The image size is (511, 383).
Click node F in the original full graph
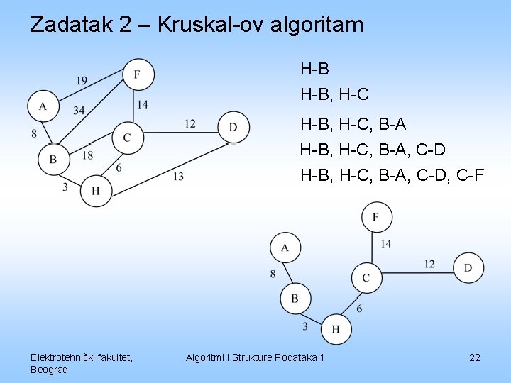(x=138, y=74)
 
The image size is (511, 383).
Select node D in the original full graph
(x=233, y=127)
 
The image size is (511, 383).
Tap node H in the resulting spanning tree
(x=336, y=328)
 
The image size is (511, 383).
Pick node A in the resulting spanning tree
(x=285, y=248)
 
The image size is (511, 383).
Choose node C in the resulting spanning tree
(x=366, y=277)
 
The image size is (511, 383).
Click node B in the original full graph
(x=53, y=159)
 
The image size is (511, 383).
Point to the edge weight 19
(x=82, y=81)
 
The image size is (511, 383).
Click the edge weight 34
(x=79, y=109)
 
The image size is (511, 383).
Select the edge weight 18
(x=87, y=155)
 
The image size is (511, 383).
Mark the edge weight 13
(x=177, y=176)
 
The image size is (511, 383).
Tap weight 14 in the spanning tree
(x=386, y=244)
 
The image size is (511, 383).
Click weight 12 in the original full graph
(x=189, y=124)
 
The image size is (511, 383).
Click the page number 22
(x=475, y=357)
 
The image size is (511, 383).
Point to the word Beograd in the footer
(x=49, y=370)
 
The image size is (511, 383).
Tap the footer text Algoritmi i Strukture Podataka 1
(x=255, y=357)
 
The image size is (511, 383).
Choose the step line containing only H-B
(x=314, y=69)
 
